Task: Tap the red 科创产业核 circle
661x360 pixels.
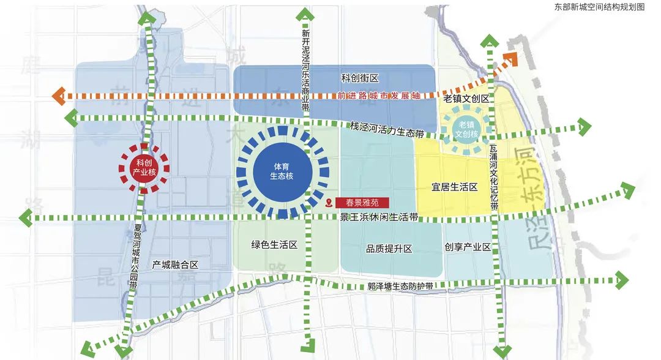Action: tap(144, 167)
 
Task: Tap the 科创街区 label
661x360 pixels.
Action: tap(360, 78)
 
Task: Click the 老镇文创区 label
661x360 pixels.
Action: tap(466, 99)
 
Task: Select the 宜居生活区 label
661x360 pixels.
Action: tap(454, 187)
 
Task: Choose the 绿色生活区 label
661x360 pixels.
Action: tap(274, 245)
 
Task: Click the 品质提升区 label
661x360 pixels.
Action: tap(389, 249)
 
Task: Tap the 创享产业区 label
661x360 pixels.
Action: tap(468, 247)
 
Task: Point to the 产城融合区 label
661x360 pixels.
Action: tap(176, 264)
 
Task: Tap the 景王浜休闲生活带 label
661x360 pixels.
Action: tap(379, 217)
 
